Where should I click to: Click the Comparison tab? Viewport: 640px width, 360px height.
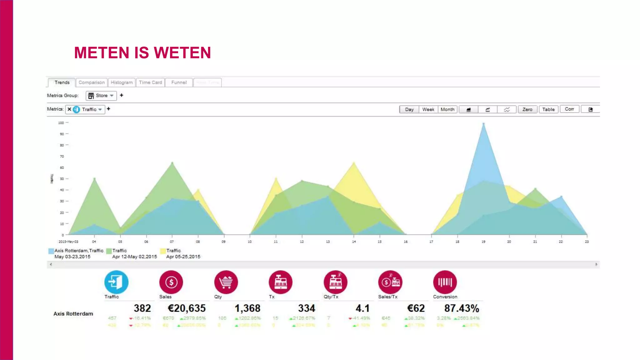click(x=92, y=82)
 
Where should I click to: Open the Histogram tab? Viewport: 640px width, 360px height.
click(x=122, y=82)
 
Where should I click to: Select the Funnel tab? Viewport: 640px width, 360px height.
click(x=179, y=82)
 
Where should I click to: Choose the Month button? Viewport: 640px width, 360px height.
click(x=447, y=109)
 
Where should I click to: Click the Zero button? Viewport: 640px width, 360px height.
click(x=527, y=109)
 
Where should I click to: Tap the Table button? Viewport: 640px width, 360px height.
click(x=548, y=109)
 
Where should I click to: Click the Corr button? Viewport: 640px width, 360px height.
click(x=569, y=109)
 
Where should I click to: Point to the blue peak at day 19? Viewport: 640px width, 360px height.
click(x=483, y=124)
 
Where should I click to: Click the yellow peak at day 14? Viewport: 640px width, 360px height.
click(x=354, y=163)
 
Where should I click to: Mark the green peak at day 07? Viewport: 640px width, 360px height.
click(x=172, y=163)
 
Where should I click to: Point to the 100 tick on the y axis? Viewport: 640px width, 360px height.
click(x=61, y=123)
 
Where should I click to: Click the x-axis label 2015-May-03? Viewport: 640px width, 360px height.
click(x=68, y=242)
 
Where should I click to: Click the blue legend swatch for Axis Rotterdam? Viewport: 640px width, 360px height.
click(x=51, y=251)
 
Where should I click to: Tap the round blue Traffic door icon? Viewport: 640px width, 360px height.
click(x=116, y=282)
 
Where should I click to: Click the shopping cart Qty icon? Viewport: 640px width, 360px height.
click(x=226, y=282)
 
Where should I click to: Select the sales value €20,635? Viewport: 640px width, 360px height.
click(x=187, y=308)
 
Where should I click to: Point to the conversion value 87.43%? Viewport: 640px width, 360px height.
click(x=462, y=308)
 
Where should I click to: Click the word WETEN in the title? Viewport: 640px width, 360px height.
click(x=182, y=52)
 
